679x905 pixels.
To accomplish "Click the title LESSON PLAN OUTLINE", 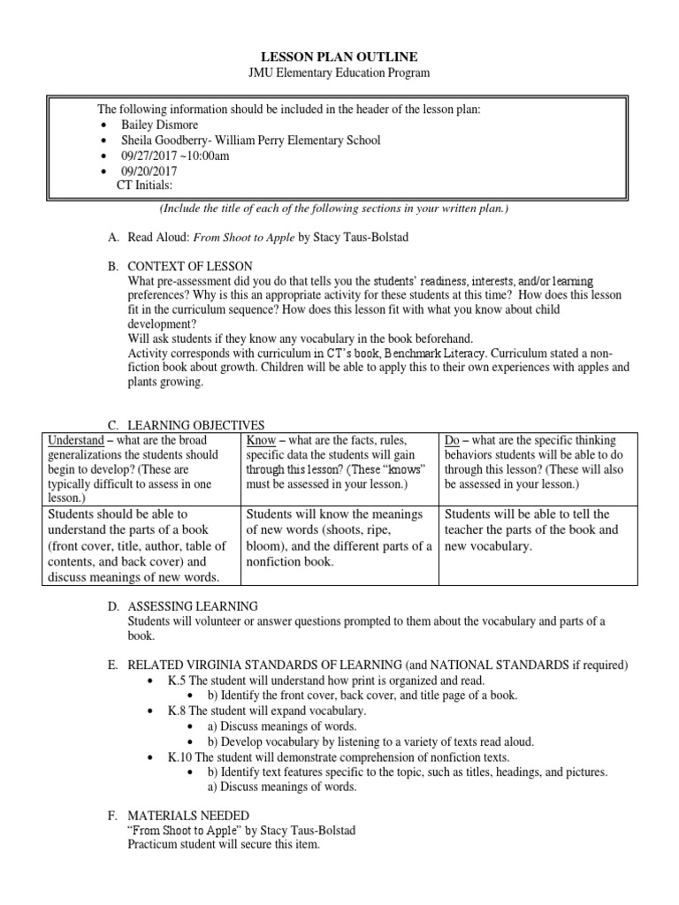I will [x=339, y=57].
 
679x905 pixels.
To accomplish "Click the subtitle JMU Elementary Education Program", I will [x=339, y=72].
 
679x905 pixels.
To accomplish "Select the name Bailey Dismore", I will [x=159, y=125].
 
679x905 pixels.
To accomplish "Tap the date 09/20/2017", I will [x=149, y=171].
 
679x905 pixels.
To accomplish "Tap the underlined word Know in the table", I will [x=259, y=440].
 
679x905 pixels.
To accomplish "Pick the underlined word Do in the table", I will [x=453, y=440].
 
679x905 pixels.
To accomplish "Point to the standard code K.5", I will [x=178, y=681].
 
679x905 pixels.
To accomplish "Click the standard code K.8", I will [x=178, y=711].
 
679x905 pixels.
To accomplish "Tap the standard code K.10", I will [x=180, y=757].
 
